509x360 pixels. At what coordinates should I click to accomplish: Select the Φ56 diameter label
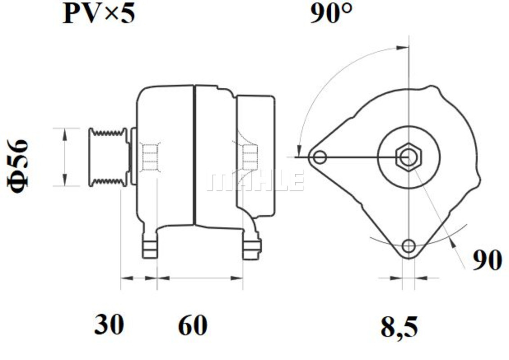(18, 166)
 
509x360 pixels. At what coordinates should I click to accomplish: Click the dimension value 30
(109, 324)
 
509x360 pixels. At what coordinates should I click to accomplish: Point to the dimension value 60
(193, 324)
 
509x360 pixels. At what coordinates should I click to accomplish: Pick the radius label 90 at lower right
(487, 260)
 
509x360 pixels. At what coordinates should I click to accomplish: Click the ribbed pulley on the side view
(108, 157)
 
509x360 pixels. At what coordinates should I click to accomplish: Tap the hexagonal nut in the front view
(409, 157)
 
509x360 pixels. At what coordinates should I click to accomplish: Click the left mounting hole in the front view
(320, 158)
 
